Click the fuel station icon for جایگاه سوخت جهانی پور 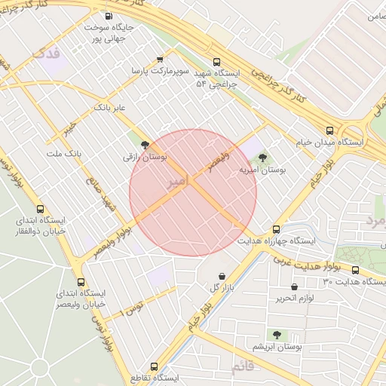tap(109, 16)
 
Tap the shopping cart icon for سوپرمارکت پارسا tap(159, 59)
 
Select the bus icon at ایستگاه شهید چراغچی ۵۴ tap(217, 63)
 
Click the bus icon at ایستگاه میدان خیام tap(329, 130)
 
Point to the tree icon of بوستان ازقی tap(145, 146)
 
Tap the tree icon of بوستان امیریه tap(262, 158)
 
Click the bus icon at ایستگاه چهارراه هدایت tap(276, 228)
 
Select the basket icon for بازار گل tap(222, 276)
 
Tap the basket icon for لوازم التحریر tap(294, 286)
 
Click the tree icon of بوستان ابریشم tap(277, 334)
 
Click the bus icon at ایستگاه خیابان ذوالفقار tap(40, 210)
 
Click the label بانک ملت tap(64, 153)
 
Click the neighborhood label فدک tap(47, 54)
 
